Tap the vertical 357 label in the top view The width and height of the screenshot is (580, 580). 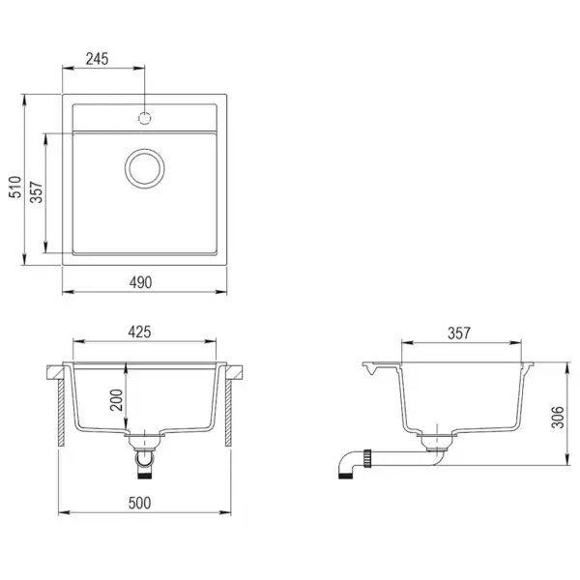coord(36,193)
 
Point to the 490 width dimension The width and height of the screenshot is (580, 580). coord(143,282)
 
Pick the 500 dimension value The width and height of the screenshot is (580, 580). coord(143,504)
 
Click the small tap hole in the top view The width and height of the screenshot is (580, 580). coord(145,118)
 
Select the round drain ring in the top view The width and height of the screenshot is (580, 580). coord(145,167)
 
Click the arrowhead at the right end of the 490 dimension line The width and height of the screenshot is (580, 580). coord(225,291)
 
